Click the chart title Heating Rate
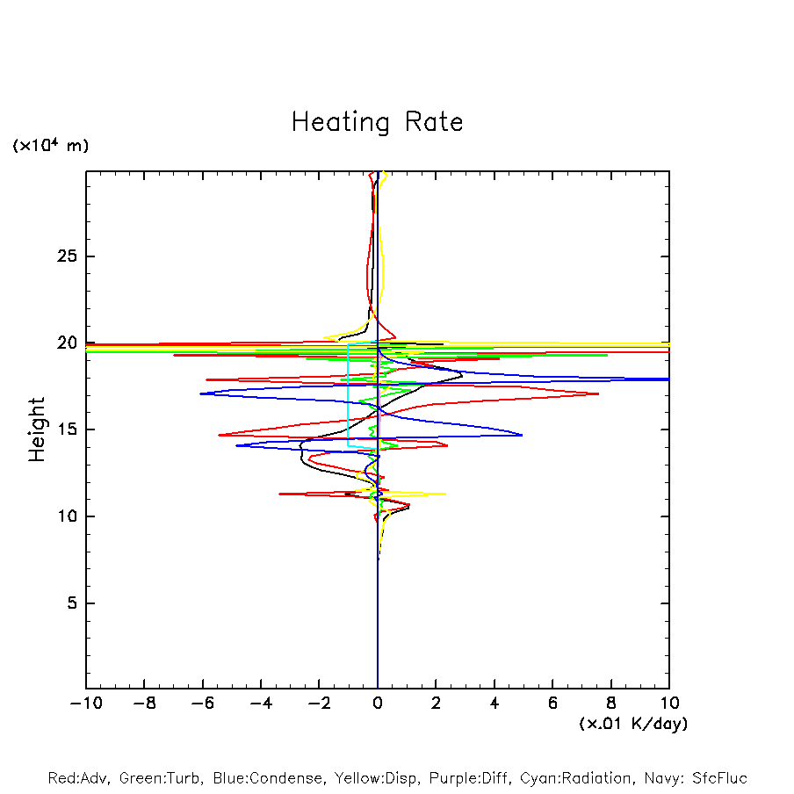[377, 121]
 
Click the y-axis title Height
[37, 429]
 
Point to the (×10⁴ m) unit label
[50, 146]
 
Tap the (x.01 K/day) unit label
[632, 724]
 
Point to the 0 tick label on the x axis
[378, 704]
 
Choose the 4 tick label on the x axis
[494, 704]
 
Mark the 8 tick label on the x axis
[611, 704]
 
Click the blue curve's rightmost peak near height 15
[522, 435]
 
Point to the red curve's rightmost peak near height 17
[598, 393]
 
